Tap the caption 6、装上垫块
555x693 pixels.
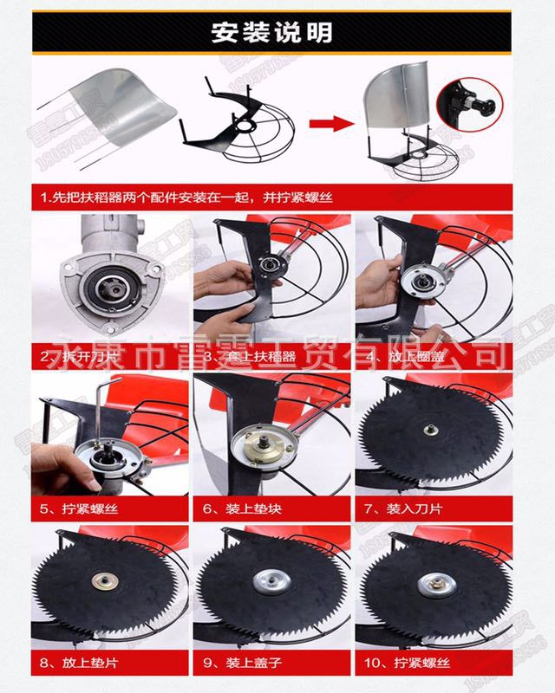point(238,508)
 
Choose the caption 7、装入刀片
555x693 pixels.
point(402,508)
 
